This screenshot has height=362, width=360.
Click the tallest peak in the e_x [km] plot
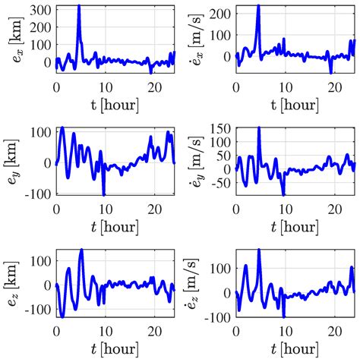coord(79,6)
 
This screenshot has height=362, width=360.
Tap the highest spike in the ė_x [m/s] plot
coord(258,6)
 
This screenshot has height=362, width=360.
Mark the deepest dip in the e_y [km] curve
coord(103,194)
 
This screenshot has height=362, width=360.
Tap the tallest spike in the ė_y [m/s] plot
coord(259,127)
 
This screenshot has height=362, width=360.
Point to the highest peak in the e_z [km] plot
coord(81,250)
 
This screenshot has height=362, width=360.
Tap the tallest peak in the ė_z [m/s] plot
coord(259,250)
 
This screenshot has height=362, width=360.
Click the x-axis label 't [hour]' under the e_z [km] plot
coord(114,349)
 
